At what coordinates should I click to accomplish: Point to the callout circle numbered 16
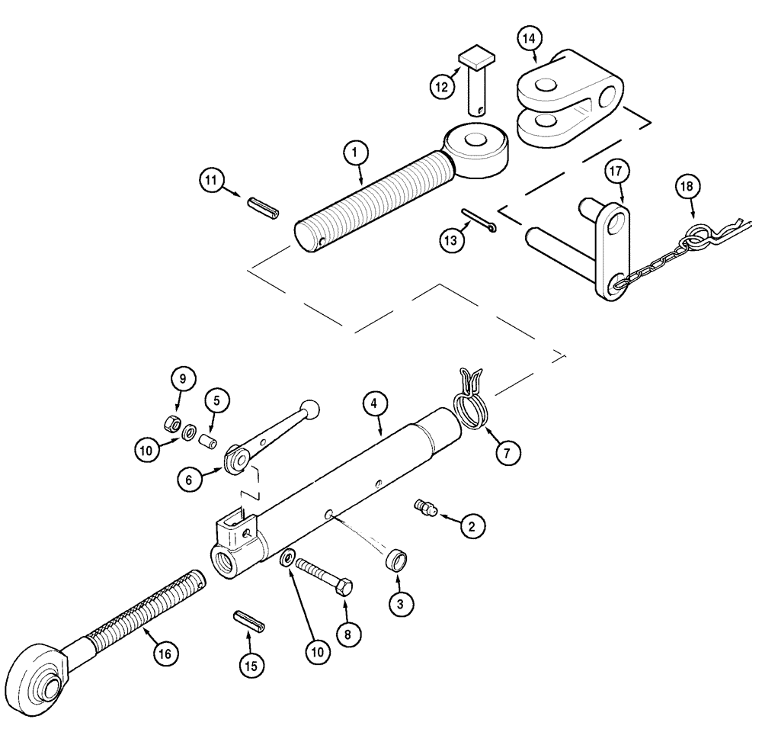coord(165,653)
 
